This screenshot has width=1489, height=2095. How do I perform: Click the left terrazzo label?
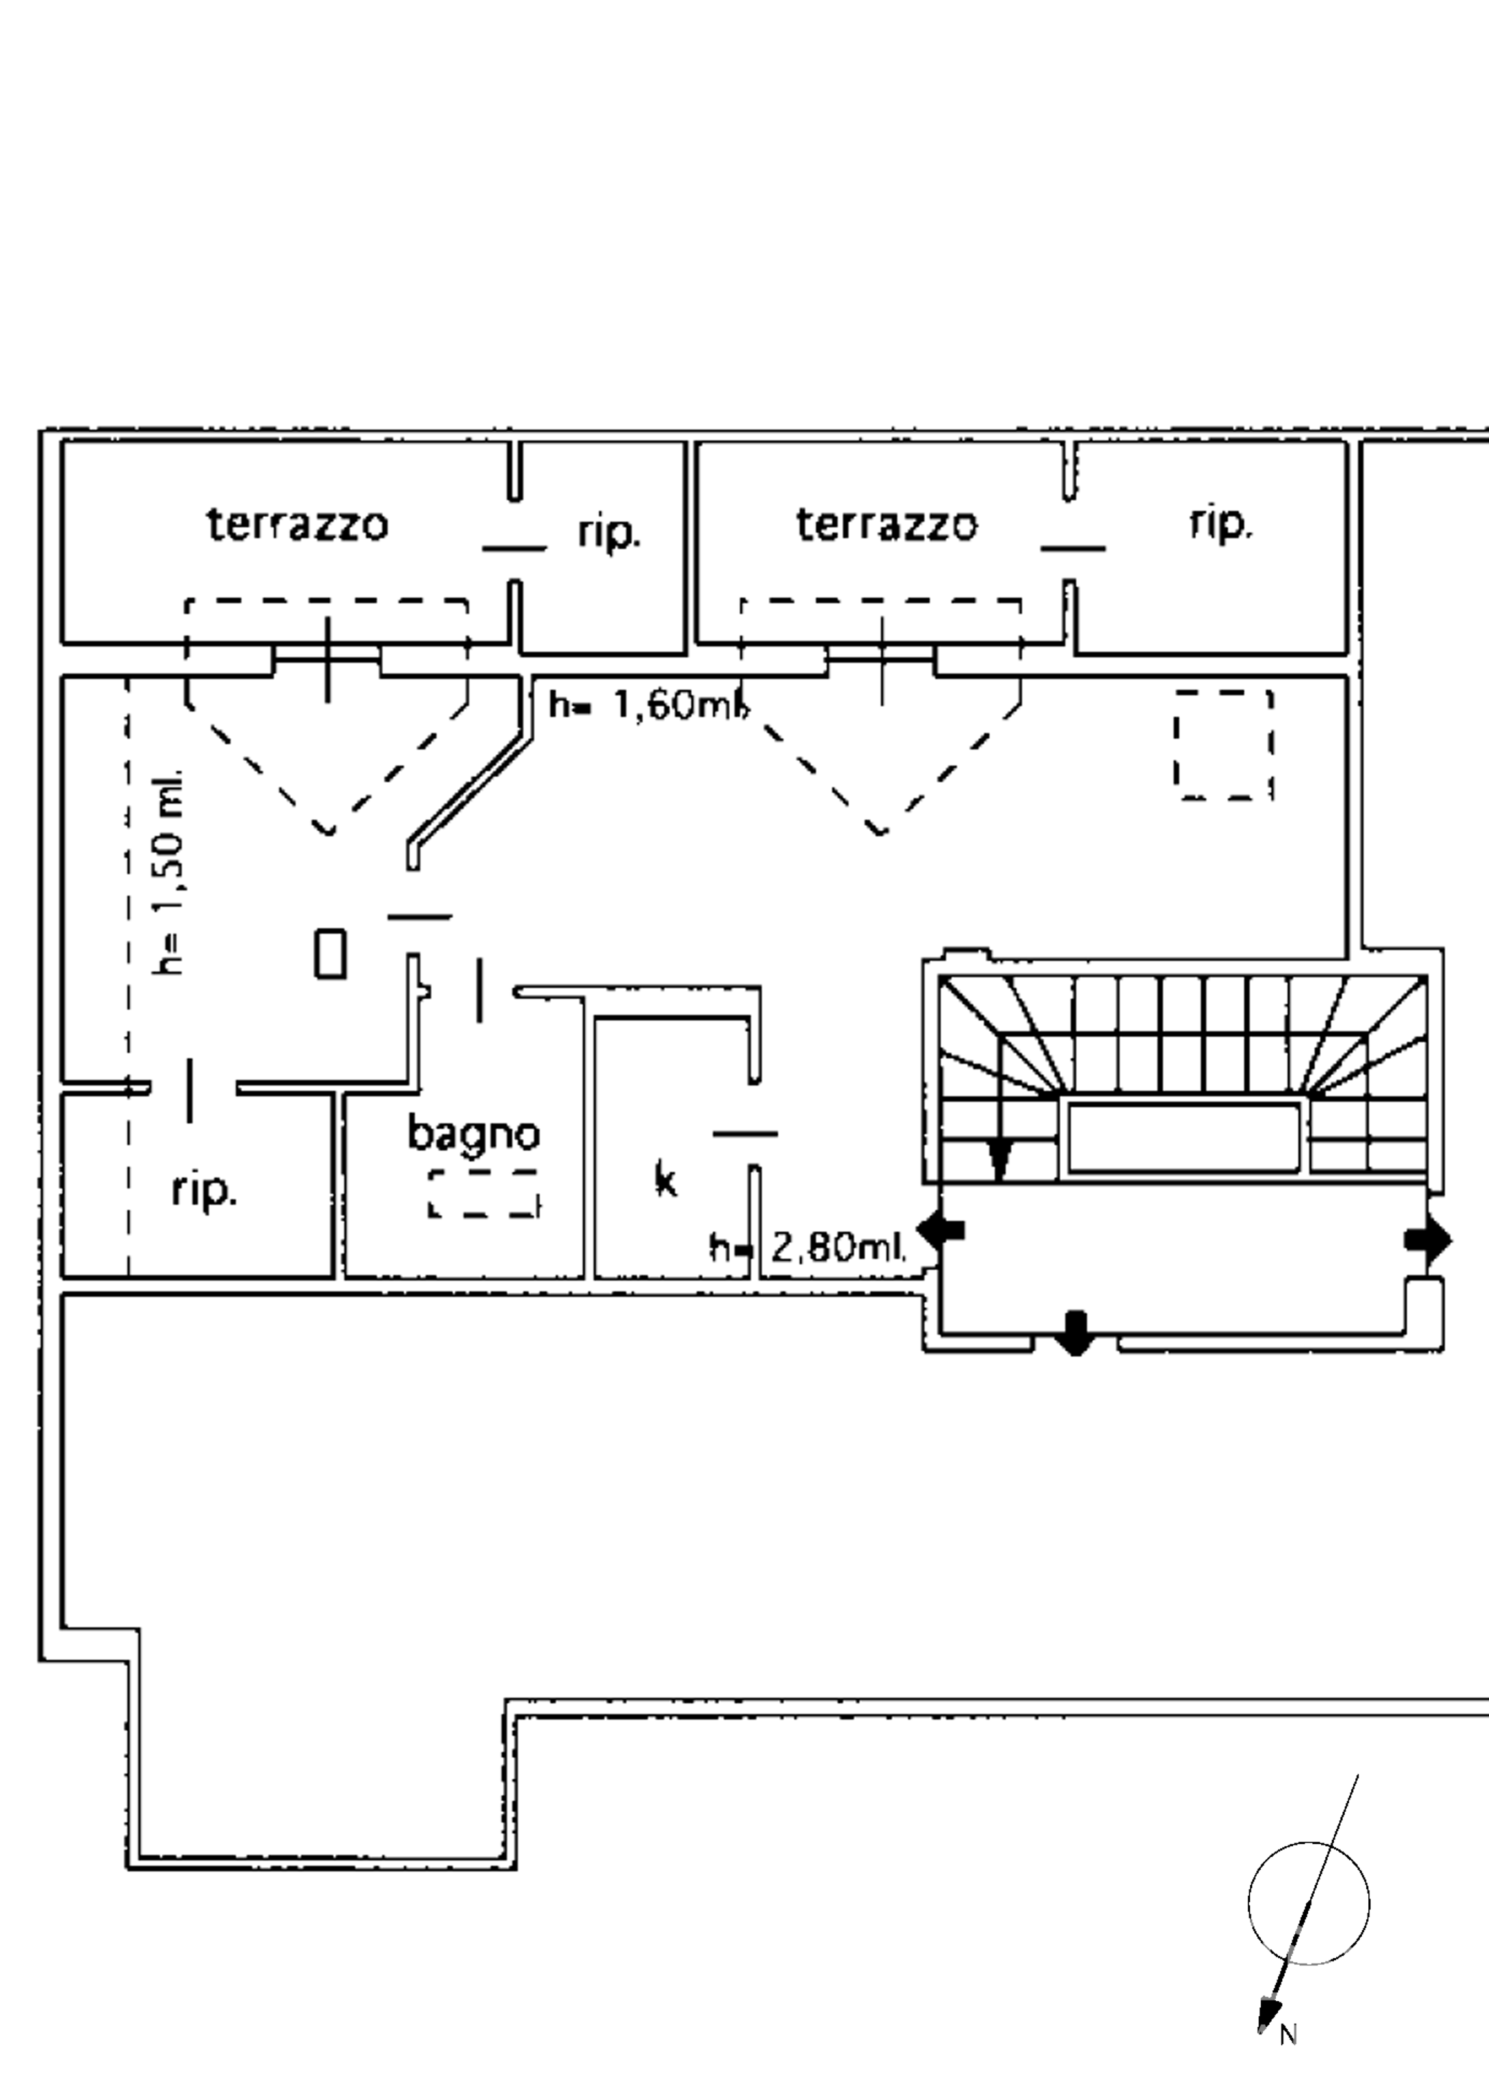pos(297,524)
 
